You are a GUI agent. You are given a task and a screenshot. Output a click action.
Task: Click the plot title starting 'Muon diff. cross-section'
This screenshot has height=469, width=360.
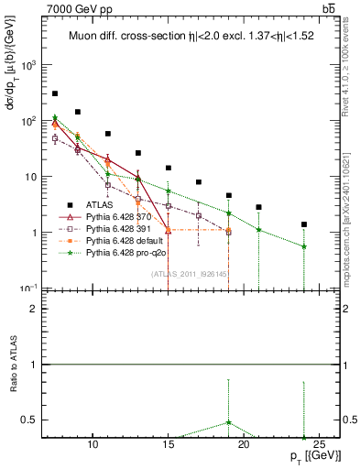pos(190,38)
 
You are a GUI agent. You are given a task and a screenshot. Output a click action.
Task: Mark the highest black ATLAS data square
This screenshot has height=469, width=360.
pos(55,93)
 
